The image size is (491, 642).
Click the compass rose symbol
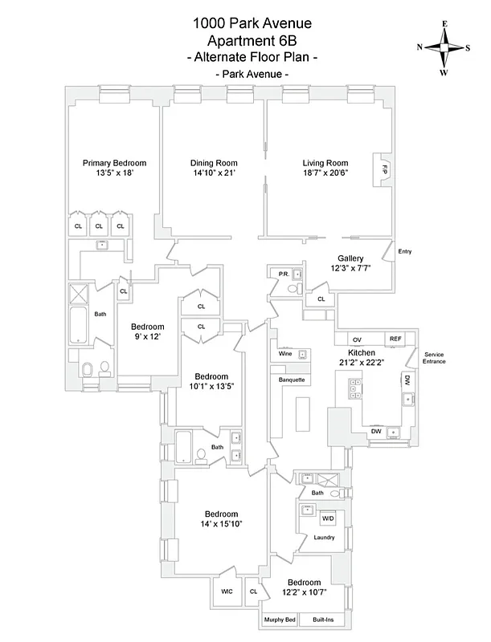(x=444, y=47)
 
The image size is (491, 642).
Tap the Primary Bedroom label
(x=114, y=163)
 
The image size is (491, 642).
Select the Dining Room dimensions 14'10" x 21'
(x=214, y=173)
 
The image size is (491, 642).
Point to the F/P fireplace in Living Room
(x=384, y=171)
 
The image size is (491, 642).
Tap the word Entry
(x=405, y=252)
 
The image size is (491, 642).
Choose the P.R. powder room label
(x=284, y=274)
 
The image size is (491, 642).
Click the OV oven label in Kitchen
(x=358, y=339)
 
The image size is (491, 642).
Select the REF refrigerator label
(x=395, y=339)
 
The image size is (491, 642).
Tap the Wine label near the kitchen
(x=285, y=354)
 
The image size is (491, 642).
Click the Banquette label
(x=291, y=379)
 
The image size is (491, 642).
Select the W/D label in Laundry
(x=329, y=519)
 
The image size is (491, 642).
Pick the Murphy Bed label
(x=280, y=620)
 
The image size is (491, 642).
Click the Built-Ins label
(x=325, y=620)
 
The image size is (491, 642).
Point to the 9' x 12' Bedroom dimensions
(x=148, y=337)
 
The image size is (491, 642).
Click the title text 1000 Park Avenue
(x=244, y=24)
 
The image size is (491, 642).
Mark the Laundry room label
(x=324, y=537)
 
